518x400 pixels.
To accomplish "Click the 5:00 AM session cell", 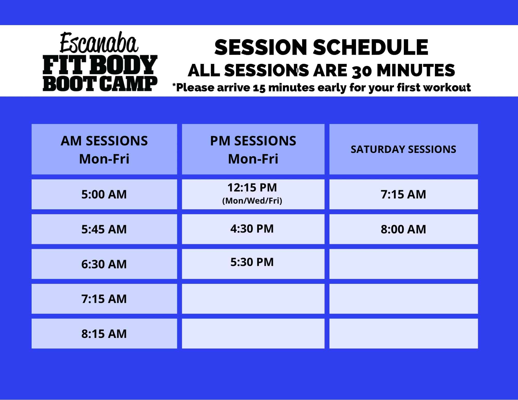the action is point(104,194).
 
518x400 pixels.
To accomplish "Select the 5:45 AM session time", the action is point(104,229).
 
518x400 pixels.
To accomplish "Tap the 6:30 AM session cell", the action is point(104,264).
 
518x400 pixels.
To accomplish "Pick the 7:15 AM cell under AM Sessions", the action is point(104,299).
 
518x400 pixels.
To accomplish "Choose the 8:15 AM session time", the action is point(104,334).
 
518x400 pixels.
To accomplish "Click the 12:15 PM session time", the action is point(252,188).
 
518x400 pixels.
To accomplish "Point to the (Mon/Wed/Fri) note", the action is point(252,201).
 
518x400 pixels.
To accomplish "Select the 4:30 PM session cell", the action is point(253,229).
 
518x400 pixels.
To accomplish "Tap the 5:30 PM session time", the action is point(252,262).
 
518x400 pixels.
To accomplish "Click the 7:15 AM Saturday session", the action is point(404,194).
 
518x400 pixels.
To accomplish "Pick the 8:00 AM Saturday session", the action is point(404,229).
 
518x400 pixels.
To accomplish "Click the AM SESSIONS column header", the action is point(104,149).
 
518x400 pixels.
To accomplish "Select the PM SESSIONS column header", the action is point(253,149).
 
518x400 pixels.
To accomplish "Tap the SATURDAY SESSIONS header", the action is point(404,149).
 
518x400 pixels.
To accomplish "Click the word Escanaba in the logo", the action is point(99,43).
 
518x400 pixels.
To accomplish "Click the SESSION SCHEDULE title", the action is point(321,47).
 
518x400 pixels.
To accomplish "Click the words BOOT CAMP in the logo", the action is point(100,84).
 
